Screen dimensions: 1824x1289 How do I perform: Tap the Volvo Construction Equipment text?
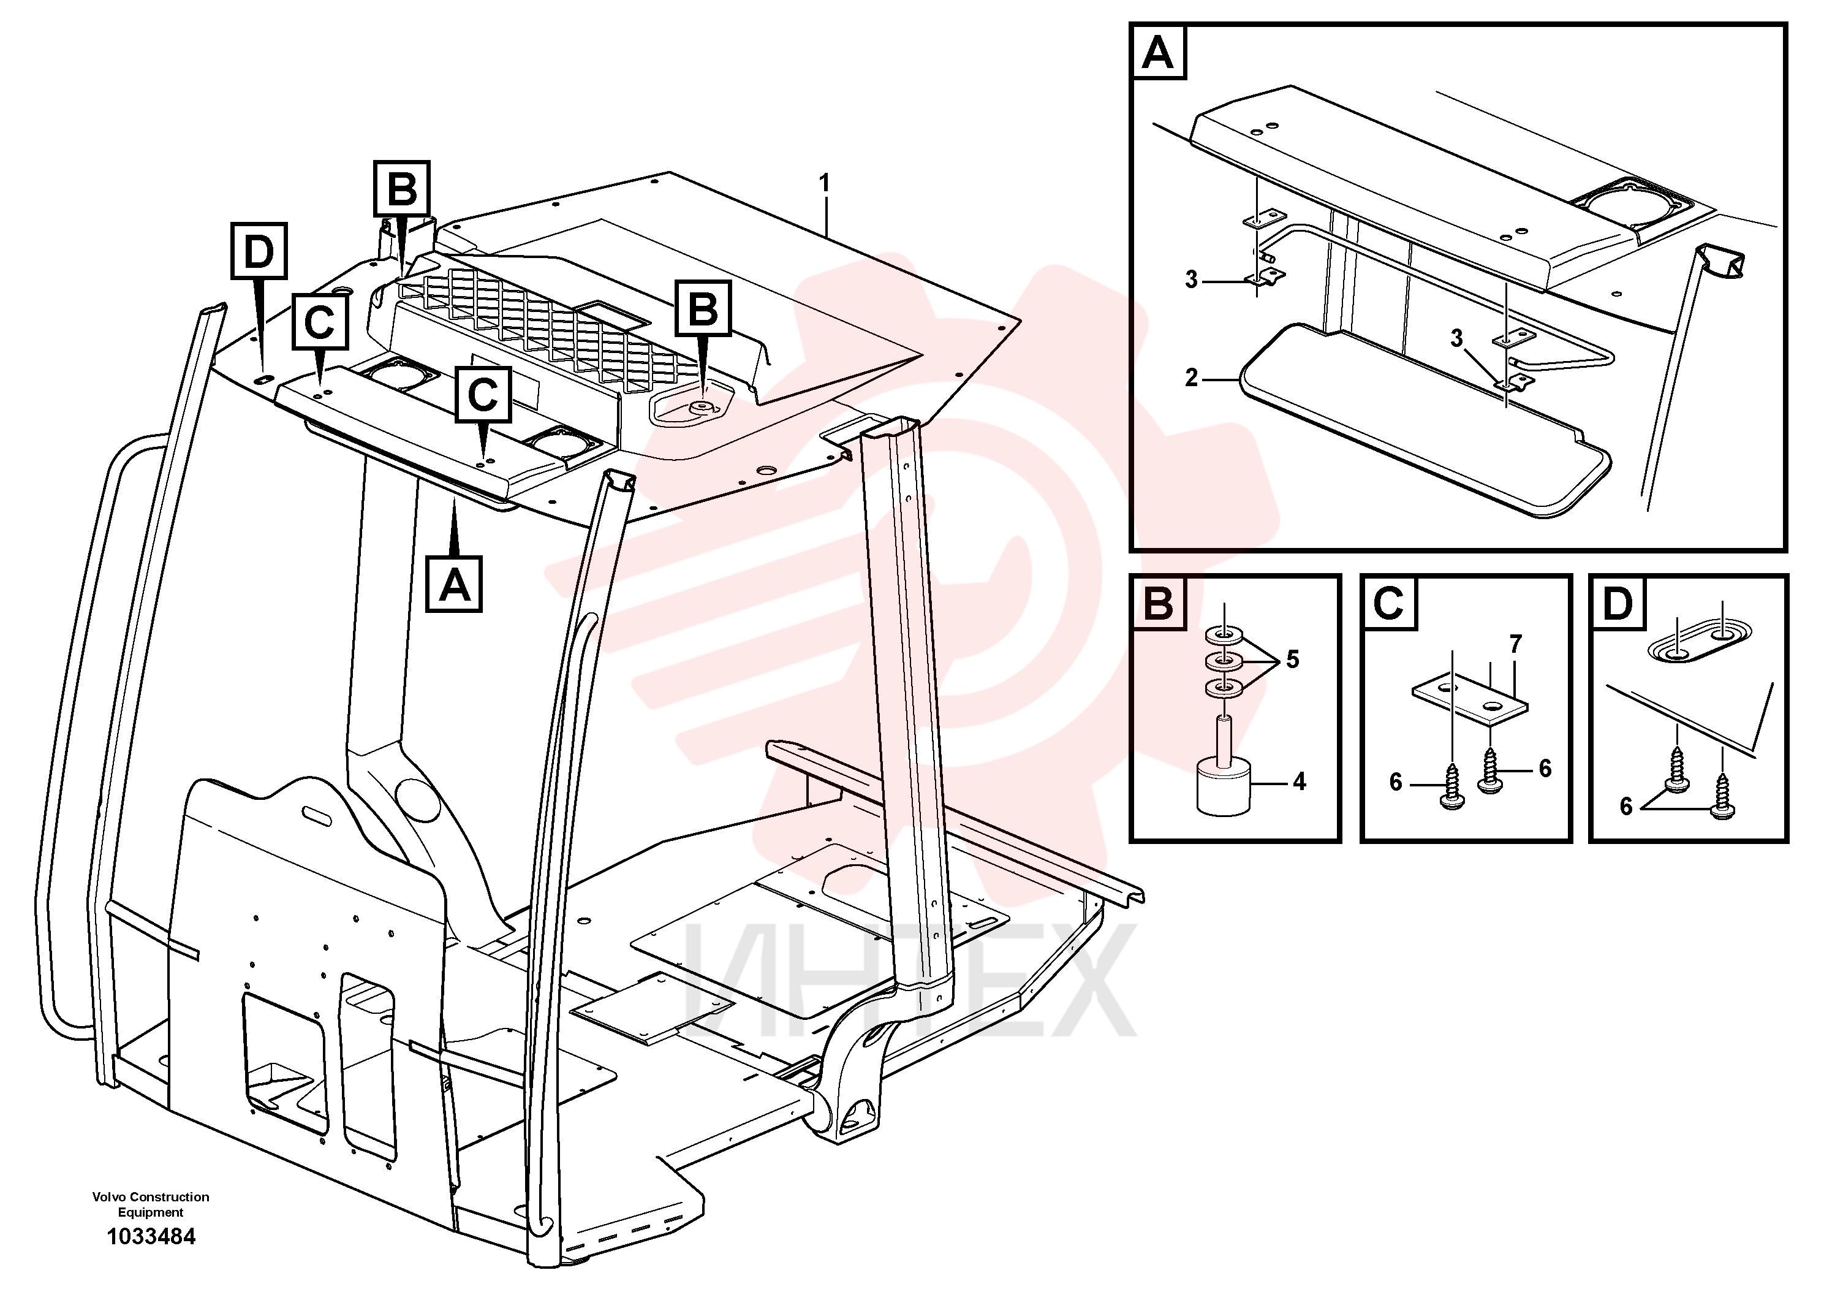151,1205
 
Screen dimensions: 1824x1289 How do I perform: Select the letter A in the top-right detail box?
1157,53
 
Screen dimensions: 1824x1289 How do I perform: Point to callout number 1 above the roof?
825,184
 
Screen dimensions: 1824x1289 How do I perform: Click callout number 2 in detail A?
1192,378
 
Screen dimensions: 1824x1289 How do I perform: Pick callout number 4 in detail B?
1299,782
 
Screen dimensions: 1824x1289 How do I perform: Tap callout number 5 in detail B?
1293,660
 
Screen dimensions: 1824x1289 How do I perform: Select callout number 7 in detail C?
1516,645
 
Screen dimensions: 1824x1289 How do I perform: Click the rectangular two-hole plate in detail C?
1470,700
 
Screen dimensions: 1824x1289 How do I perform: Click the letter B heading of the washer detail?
1158,603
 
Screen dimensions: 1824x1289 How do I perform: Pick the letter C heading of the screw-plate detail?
1388,603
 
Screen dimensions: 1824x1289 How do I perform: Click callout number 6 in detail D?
1626,807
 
